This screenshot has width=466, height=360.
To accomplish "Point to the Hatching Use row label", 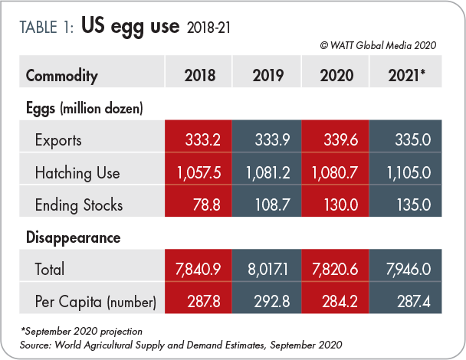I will pos(77,172).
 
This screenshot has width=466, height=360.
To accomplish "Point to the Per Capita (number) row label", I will pos(95,302).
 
